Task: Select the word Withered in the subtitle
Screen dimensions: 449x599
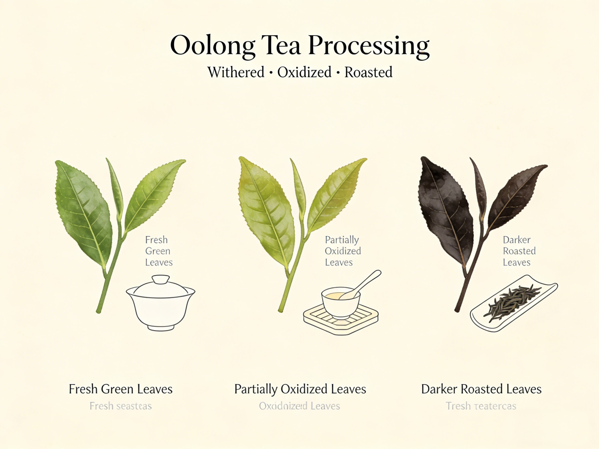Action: pos(236,72)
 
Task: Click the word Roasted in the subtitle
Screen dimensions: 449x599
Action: pos(368,72)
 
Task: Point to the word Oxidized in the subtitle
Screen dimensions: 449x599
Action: pos(304,72)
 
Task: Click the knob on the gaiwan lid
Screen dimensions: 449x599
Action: pos(161,279)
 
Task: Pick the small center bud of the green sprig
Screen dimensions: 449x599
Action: pos(116,189)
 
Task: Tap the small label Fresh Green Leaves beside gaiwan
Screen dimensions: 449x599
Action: pos(158,251)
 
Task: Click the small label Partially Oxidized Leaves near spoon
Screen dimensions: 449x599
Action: pos(342,251)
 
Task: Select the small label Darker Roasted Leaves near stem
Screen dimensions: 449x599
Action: pos(519,251)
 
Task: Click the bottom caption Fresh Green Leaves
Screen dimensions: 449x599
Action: pos(121,389)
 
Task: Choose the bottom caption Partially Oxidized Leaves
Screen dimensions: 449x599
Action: pos(300,389)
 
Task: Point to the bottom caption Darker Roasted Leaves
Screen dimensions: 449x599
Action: pos(481,389)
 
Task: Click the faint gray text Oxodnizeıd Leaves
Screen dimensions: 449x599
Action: pos(299,406)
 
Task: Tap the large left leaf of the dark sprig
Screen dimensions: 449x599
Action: pos(444,211)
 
